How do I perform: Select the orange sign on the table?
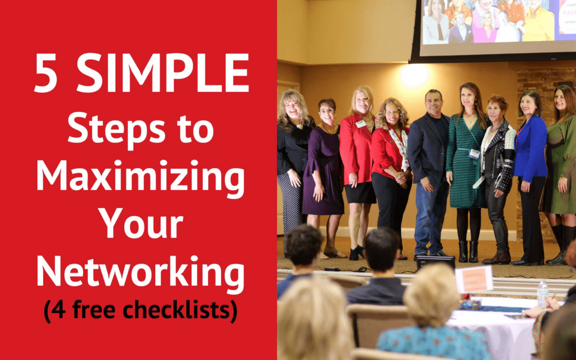[475, 279]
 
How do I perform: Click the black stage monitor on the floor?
[436, 262]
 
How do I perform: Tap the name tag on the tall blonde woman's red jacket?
[361, 124]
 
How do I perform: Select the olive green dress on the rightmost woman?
[558, 165]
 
